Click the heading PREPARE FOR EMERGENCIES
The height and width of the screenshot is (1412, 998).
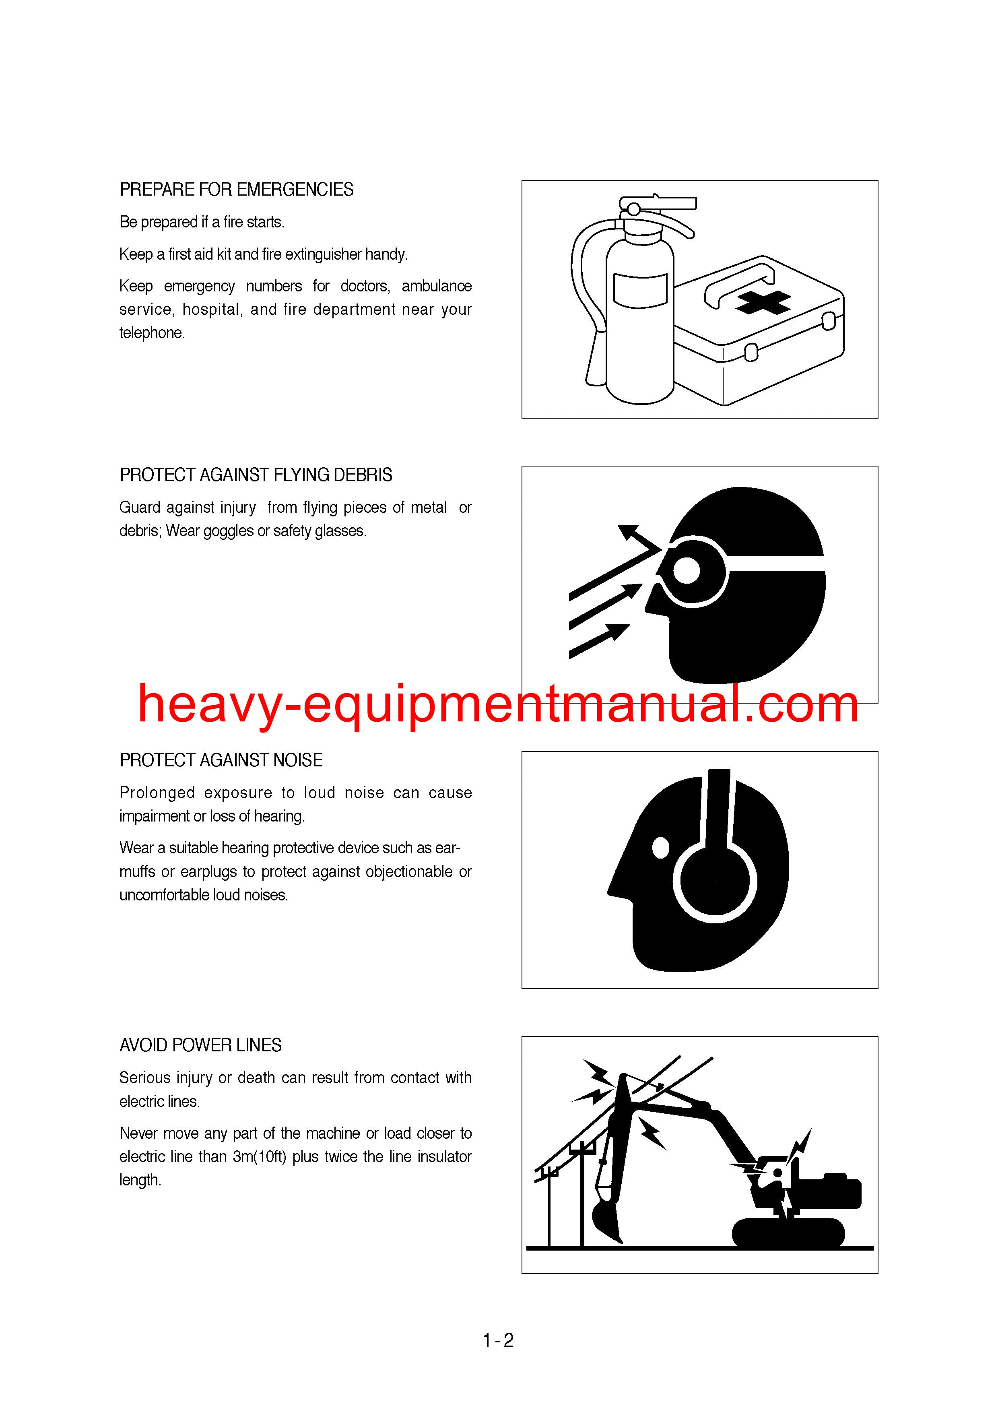[236, 190]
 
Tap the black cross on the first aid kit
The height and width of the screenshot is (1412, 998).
[763, 302]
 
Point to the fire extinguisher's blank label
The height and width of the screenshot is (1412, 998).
[640, 291]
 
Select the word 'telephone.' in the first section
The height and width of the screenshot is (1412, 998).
[152, 333]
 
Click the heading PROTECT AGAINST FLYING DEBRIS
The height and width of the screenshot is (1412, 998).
[256, 475]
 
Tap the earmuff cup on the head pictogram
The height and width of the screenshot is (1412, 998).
[715, 881]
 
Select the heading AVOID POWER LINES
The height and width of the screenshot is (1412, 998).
[200, 1045]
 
